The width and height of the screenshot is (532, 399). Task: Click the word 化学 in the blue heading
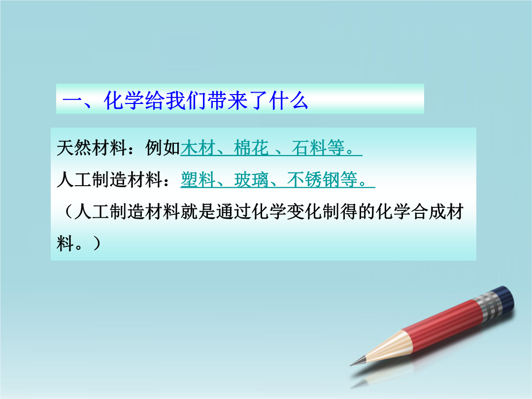pyautogui.click(x=124, y=100)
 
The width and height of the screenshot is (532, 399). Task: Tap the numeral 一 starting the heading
pyautogui.click(x=72, y=101)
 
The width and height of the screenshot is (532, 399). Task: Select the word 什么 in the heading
pyautogui.click(x=289, y=100)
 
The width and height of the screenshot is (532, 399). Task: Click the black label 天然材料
pyautogui.click(x=92, y=148)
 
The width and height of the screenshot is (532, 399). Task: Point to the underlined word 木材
pyautogui.click(x=198, y=148)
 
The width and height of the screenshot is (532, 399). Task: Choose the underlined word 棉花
pyautogui.click(x=251, y=148)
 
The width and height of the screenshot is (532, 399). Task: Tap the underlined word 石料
pyautogui.click(x=309, y=148)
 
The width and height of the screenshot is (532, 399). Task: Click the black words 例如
pyautogui.click(x=163, y=148)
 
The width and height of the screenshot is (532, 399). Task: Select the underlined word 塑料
pyautogui.click(x=198, y=179)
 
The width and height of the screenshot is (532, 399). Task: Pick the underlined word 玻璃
pyautogui.click(x=251, y=179)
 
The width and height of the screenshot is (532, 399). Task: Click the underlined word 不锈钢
pyautogui.click(x=313, y=179)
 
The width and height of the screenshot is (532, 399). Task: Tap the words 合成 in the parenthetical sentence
pyautogui.click(x=428, y=211)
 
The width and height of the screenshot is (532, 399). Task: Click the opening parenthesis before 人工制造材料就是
pyautogui.click(x=68, y=211)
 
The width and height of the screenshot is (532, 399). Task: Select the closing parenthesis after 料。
pyautogui.click(x=96, y=243)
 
